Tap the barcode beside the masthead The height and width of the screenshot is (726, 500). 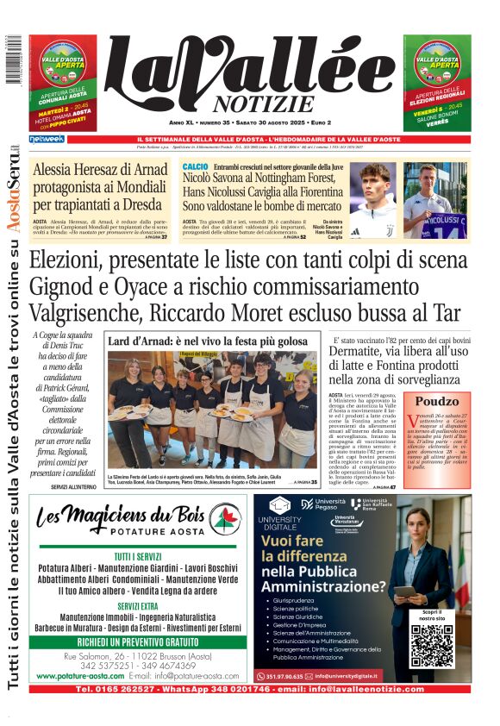(12, 60)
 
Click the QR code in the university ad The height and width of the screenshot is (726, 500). (432, 645)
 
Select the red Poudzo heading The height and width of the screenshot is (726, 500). (437, 402)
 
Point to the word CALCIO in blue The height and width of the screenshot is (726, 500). (195, 166)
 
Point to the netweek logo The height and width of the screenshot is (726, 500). (46, 139)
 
